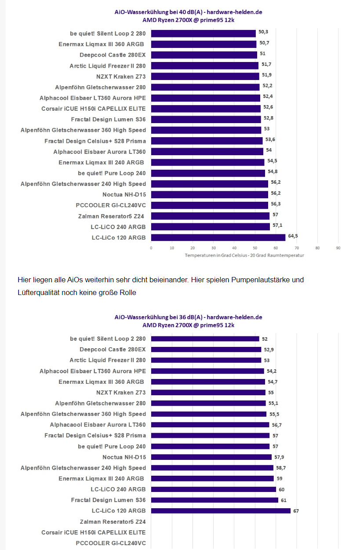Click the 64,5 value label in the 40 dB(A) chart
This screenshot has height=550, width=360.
tap(293, 236)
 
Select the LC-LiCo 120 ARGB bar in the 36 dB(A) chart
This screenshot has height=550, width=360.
tap(221, 511)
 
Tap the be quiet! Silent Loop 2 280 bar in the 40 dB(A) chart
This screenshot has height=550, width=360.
tap(204, 33)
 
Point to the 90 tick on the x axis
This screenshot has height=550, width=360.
tap(338, 248)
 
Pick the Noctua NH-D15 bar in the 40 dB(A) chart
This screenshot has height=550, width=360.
tap(209, 194)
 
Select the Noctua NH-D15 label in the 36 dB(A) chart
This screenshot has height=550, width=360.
tap(124, 457)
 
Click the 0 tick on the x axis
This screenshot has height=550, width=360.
tap(151, 248)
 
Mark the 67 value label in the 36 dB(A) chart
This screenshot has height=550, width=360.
tap(296, 511)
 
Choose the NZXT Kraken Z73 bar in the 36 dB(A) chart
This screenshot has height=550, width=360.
tap(208, 393)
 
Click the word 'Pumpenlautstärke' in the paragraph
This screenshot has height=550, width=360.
tap(267, 280)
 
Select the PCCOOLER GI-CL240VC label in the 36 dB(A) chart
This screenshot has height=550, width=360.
tap(110, 543)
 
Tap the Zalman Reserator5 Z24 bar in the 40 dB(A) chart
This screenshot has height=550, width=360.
tap(210, 216)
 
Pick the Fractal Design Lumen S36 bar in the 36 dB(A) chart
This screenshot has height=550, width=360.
tap(215, 500)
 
